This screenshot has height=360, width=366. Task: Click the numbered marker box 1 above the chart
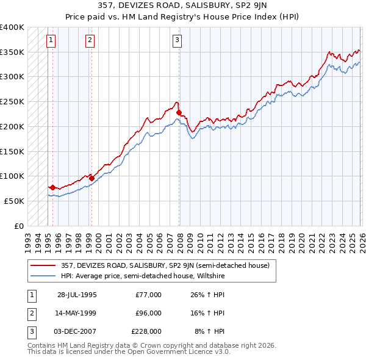coord(51,40)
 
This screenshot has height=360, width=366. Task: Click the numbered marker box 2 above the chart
coord(90,40)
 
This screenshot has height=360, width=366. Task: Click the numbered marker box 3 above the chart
coord(177,40)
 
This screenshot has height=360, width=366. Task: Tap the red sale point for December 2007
coord(179,112)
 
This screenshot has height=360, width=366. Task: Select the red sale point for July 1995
coord(52,187)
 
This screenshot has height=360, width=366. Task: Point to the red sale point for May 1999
coord(91,178)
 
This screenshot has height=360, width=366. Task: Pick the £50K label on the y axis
coord(14,201)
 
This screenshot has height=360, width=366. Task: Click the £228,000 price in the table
coord(147,331)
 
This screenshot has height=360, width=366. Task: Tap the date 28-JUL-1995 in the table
coord(77,295)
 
